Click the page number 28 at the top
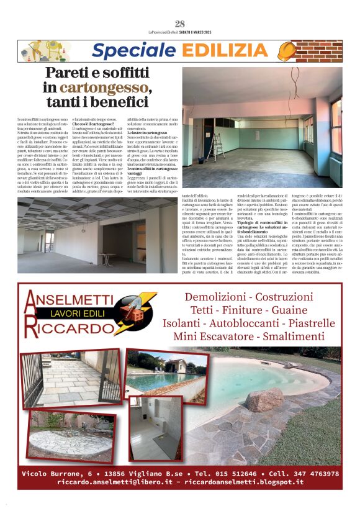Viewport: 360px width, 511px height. (180, 24)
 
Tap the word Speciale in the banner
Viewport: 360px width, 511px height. (128, 51)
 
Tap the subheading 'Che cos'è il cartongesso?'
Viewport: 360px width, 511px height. (94, 125)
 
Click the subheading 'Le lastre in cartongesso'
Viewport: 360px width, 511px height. (147, 133)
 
